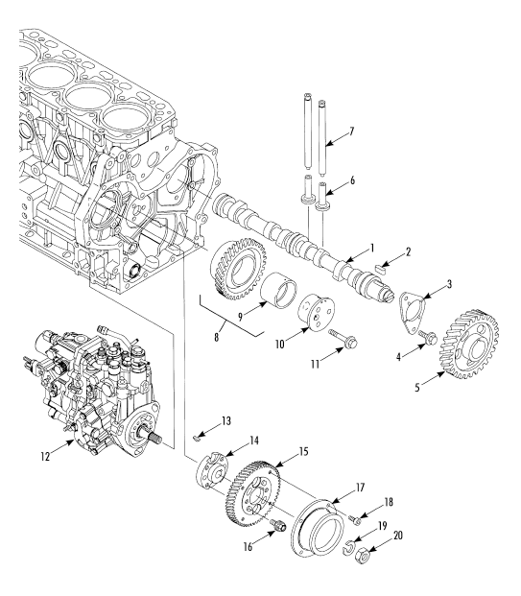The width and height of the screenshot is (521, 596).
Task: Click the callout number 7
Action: (x=351, y=131)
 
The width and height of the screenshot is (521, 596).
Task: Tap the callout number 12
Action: (x=45, y=456)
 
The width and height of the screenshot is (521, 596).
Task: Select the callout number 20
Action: (x=398, y=536)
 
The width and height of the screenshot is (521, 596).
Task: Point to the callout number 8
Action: (x=217, y=337)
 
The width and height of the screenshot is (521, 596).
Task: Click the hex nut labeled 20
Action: (x=362, y=557)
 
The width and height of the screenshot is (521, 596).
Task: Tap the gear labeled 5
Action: (x=470, y=345)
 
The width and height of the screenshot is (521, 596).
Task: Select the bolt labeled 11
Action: (x=343, y=338)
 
